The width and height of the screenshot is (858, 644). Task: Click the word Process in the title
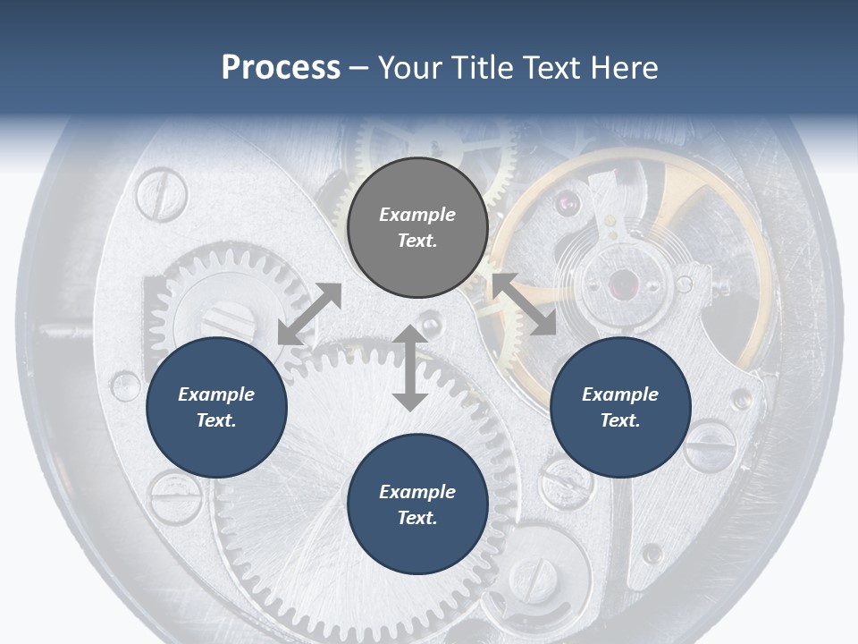[x=281, y=68]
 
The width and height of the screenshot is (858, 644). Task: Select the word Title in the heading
[x=481, y=68]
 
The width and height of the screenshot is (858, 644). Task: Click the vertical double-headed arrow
[x=410, y=368]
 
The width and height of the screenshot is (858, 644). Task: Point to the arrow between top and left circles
[x=309, y=314]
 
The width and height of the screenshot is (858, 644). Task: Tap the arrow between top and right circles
[x=524, y=304]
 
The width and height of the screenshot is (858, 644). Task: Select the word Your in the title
[x=410, y=68]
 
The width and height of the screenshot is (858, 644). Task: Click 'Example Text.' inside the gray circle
[x=417, y=227]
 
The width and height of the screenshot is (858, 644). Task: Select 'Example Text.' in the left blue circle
[x=216, y=407]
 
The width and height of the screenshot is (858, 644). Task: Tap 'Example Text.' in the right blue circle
[x=620, y=407]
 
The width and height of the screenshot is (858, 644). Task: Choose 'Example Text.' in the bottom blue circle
[x=417, y=504]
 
